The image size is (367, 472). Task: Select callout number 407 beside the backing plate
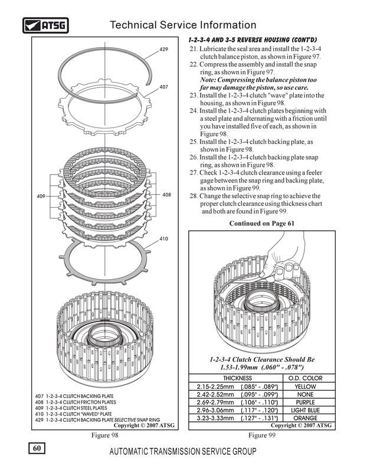[163, 87]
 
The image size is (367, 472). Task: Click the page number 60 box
[37, 448]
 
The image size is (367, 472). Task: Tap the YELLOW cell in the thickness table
[304, 386]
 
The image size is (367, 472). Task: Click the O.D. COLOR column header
[304, 378]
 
